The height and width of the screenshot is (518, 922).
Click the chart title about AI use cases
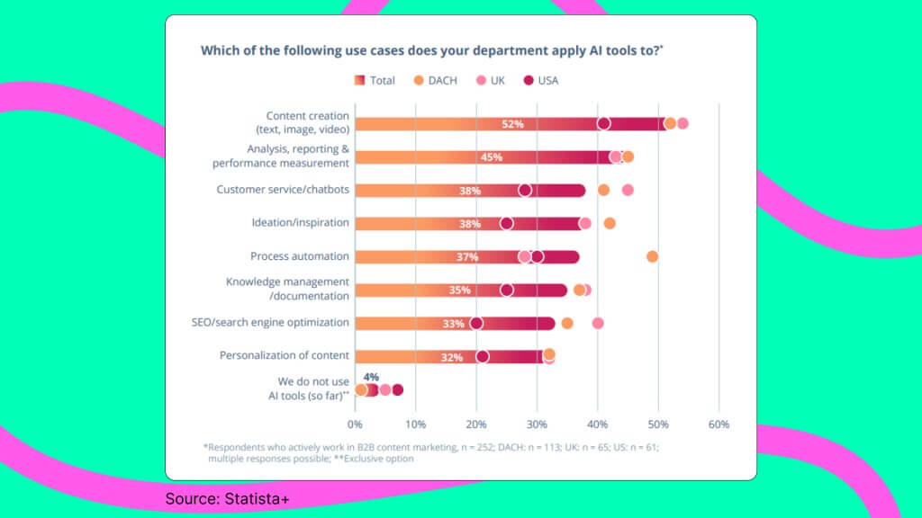point(431,50)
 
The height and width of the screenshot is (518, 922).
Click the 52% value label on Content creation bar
point(512,124)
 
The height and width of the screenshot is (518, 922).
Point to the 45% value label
point(491,157)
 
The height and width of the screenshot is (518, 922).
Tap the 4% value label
point(371,377)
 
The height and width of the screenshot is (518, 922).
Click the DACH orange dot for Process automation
point(653,256)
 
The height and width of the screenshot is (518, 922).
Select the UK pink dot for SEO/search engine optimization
point(598,323)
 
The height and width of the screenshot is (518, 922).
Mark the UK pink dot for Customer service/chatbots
point(628,190)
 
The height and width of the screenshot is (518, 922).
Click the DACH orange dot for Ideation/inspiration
point(610,223)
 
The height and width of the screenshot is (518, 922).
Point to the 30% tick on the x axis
point(537,424)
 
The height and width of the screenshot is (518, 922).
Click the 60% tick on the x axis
point(718,424)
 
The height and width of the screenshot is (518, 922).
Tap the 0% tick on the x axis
point(356,424)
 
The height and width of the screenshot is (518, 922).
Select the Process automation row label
point(300,256)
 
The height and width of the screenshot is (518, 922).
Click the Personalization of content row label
point(285,355)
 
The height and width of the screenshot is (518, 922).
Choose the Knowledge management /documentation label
point(287,289)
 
